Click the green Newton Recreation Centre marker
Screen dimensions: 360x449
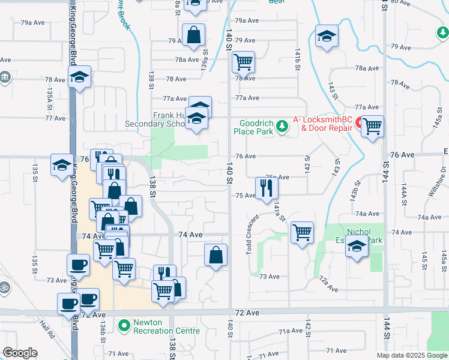point(124,326)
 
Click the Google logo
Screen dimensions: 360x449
point(20,353)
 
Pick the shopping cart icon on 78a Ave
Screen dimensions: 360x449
point(243,61)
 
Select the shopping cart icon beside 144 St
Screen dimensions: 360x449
point(373,126)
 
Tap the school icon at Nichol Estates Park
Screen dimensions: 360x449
point(357,247)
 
